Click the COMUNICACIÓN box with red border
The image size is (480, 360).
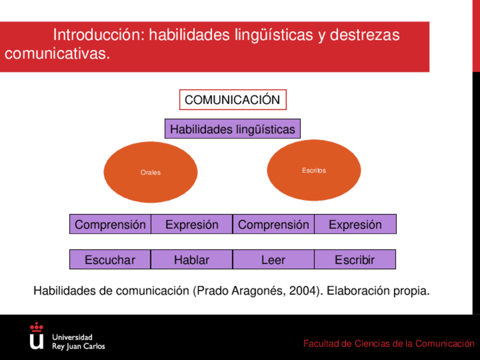point(233,100)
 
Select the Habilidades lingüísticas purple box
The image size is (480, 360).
point(232,129)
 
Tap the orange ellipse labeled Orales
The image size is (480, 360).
point(151,172)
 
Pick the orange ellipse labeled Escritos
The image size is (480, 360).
point(314,170)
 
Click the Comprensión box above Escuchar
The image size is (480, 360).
point(110,224)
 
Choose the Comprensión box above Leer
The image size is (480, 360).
point(273,224)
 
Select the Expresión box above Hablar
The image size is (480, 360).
point(192,224)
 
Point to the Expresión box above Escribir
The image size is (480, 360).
point(355,224)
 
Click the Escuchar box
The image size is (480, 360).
point(110,260)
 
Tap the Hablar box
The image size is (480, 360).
point(192,260)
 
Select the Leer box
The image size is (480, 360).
point(273,260)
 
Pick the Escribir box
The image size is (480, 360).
point(355,260)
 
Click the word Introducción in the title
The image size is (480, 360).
point(99,35)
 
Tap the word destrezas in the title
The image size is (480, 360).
point(365,35)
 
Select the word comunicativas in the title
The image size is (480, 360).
point(57,54)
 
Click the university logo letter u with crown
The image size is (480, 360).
point(36,336)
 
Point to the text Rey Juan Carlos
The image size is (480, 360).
point(78,346)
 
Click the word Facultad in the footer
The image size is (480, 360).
point(321,344)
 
